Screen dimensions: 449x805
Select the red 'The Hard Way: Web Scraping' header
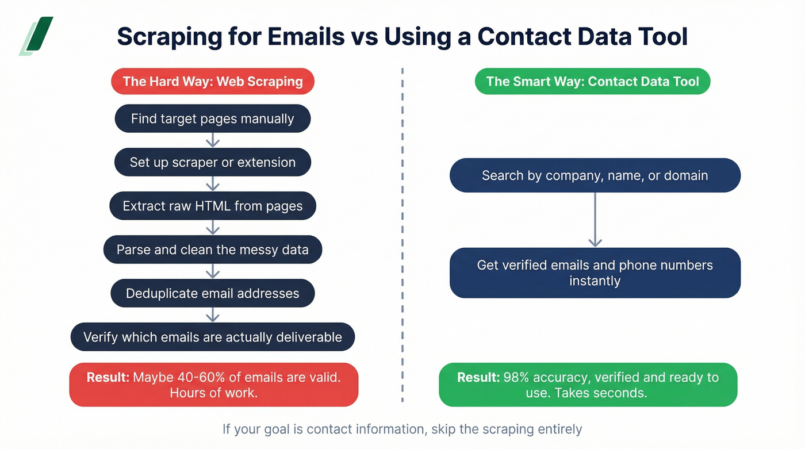coord(213,81)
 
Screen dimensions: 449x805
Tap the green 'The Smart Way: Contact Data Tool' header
coord(592,81)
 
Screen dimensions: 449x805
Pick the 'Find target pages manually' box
coord(213,119)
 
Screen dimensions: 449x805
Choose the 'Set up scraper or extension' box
coord(213,162)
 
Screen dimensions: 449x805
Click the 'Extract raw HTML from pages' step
coord(213,206)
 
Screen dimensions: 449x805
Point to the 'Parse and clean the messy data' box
coord(213,250)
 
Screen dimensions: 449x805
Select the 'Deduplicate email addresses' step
coord(213,293)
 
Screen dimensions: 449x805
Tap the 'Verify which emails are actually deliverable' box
coord(213,337)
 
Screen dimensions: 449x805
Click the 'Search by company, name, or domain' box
coord(595,175)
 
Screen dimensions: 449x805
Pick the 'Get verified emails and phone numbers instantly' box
coord(595,273)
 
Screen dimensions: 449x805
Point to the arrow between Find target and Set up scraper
coord(213,140)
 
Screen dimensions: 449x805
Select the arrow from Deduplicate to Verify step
coord(213,315)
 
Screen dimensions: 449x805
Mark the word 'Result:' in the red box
coord(108,378)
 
